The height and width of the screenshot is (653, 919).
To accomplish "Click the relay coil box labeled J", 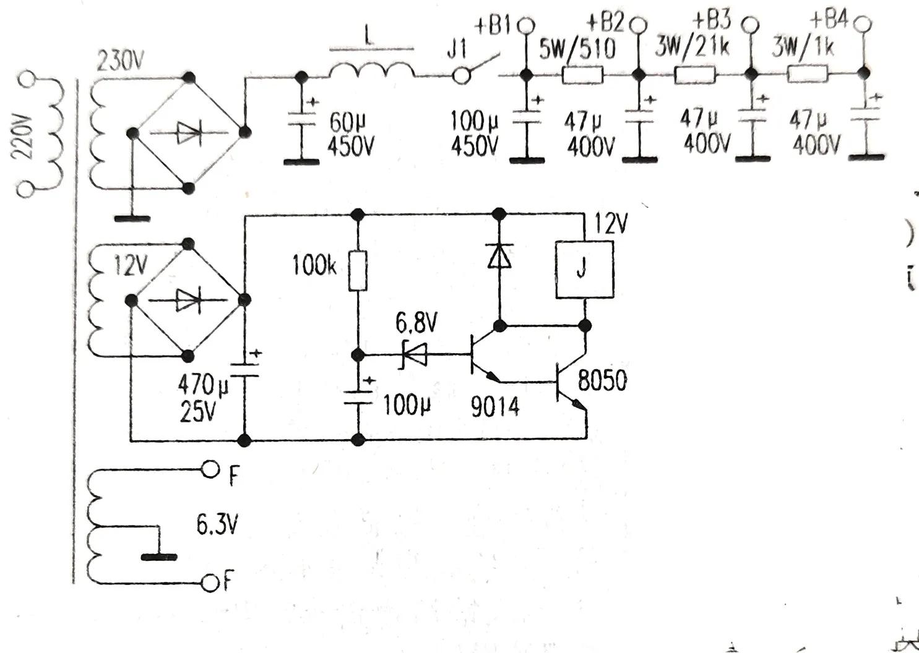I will click(x=585, y=270).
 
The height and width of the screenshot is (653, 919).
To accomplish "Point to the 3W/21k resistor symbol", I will click(x=694, y=75).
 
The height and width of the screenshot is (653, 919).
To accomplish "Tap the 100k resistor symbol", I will click(x=358, y=271).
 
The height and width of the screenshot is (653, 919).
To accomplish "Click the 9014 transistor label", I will click(x=495, y=406).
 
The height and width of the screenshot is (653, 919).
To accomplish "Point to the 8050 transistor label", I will click(x=602, y=380).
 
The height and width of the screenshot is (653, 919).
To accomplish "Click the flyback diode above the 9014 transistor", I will click(x=499, y=254).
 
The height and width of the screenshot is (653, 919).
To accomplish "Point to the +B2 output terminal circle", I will click(x=637, y=26).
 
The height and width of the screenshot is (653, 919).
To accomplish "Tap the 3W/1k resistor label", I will click(x=803, y=48).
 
